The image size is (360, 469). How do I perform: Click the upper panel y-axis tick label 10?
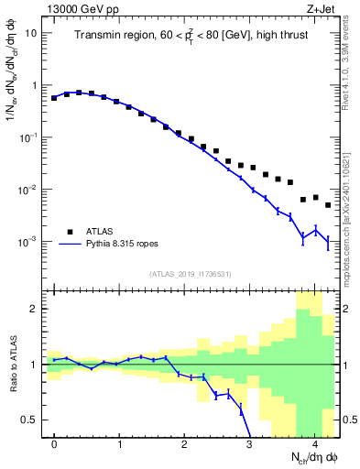pos(31,33)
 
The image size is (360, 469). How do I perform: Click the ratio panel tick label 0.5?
pos(30,420)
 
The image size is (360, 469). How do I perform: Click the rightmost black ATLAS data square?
pos(328,205)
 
